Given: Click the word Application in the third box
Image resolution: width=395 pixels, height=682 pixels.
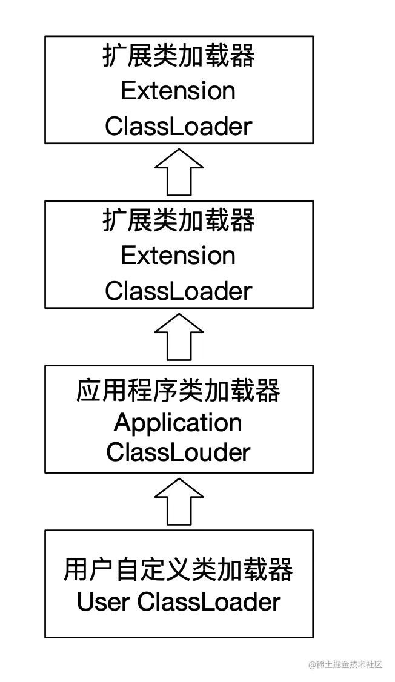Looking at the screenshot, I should pyautogui.click(x=178, y=423).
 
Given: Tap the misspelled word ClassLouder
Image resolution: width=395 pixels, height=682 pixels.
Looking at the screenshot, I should pyautogui.click(x=178, y=452).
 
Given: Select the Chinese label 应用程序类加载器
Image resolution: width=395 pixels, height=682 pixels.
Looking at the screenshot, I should pyautogui.click(x=178, y=391).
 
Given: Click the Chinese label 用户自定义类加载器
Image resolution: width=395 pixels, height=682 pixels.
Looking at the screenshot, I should pyautogui.click(x=178, y=570).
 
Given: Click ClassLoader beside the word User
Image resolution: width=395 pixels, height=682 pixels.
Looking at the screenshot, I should pyautogui.click(x=209, y=602).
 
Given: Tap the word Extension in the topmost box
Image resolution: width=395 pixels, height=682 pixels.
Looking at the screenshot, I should pyautogui.click(x=178, y=91).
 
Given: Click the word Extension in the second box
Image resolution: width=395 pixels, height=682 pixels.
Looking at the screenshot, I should pyautogui.click(x=178, y=256).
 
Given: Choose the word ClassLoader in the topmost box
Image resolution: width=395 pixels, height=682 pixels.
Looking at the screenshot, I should pyautogui.click(x=178, y=127).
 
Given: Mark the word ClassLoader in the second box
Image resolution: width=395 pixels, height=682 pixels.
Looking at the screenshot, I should pyautogui.click(x=178, y=291).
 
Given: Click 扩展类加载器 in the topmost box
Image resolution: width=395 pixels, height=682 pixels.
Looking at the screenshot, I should pyautogui.click(x=178, y=56).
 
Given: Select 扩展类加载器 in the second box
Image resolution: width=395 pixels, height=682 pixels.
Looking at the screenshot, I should pyautogui.click(x=178, y=221).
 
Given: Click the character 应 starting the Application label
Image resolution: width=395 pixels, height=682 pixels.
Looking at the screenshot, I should pyautogui.click(x=86, y=391).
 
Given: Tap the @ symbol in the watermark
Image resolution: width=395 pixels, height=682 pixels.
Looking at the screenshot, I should pyautogui.click(x=312, y=664).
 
